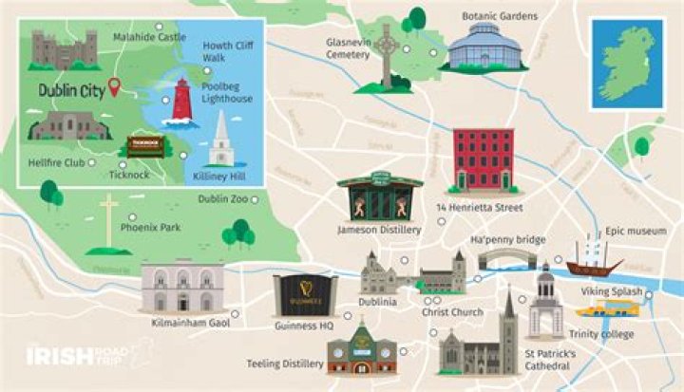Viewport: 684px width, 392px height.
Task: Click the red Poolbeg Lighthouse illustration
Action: (x=181, y=103)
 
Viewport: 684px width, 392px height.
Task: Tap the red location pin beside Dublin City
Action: (x=116, y=89)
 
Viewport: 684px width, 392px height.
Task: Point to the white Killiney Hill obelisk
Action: (x=221, y=140)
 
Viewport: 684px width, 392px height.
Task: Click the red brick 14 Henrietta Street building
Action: (x=484, y=160)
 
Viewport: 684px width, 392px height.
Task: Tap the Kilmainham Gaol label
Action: (x=191, y=324)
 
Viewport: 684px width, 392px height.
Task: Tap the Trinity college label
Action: (x=601, y=333)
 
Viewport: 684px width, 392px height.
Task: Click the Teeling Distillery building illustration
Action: (x=361, y=348)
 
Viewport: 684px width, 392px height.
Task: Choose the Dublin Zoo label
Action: (x=223, y=199)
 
